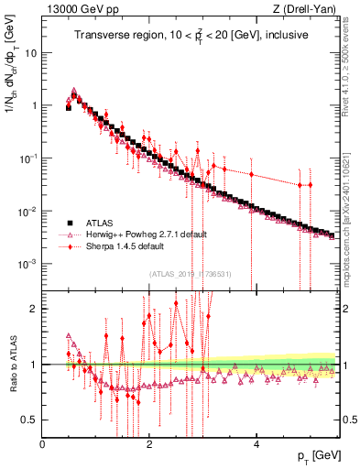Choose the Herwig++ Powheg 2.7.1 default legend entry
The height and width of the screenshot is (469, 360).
[x=136, y=234]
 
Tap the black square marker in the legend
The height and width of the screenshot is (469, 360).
[x=68, y=223]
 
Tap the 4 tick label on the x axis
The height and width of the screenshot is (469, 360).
[x=256, y=443]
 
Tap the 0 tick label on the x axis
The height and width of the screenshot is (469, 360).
[x=43, y=443]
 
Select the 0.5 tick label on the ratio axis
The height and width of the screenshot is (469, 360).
[x=28, y=420]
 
